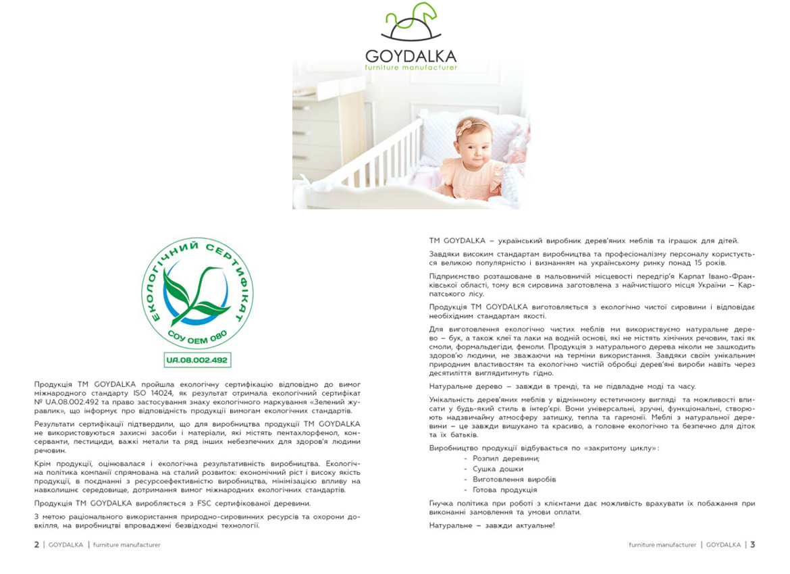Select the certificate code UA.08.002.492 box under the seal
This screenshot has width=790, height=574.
coord(197,360)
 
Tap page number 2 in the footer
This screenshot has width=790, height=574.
coord(36,545)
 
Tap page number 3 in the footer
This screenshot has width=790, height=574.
coord(752,545)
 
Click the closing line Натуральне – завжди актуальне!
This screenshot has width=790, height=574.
coord(492,525)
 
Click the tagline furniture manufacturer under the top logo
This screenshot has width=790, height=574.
coord(411,68)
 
